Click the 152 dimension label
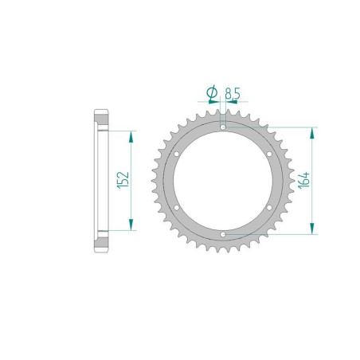(x=123, y=180)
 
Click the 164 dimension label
(x=303, y=180)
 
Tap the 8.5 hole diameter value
(x=233, y=93)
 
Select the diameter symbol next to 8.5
(x=212, y=92)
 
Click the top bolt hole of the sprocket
(x=223, y=127)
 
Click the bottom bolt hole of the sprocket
(x=223, y=234)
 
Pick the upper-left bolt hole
(x=177, y=154)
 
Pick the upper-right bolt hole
(x=269, y=154)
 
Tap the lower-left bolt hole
(x=177, y=208)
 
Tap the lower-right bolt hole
(x=269, y=208)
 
